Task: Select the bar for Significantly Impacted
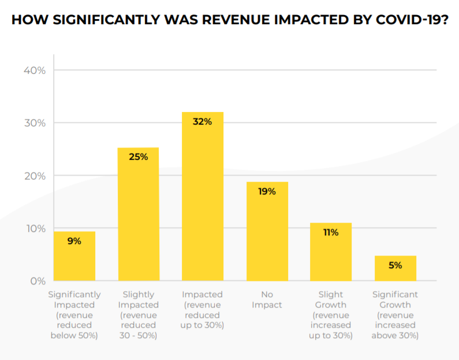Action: pos(74,260)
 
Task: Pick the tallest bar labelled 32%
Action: pos(203,202)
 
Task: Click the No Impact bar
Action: pos(267,237)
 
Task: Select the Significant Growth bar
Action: pos(395,271)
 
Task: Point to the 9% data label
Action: pos(74,241)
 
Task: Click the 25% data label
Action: pos(138,156)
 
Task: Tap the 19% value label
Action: pos(267,191)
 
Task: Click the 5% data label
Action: pos(395,265)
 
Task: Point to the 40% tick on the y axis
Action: pos(34,70)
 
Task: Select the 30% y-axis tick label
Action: pos(34,123)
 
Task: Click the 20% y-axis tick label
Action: pos(34,176)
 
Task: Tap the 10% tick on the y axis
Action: pos(34,228)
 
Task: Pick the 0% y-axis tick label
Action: pos(38,281)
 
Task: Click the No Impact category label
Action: pos(267,299)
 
